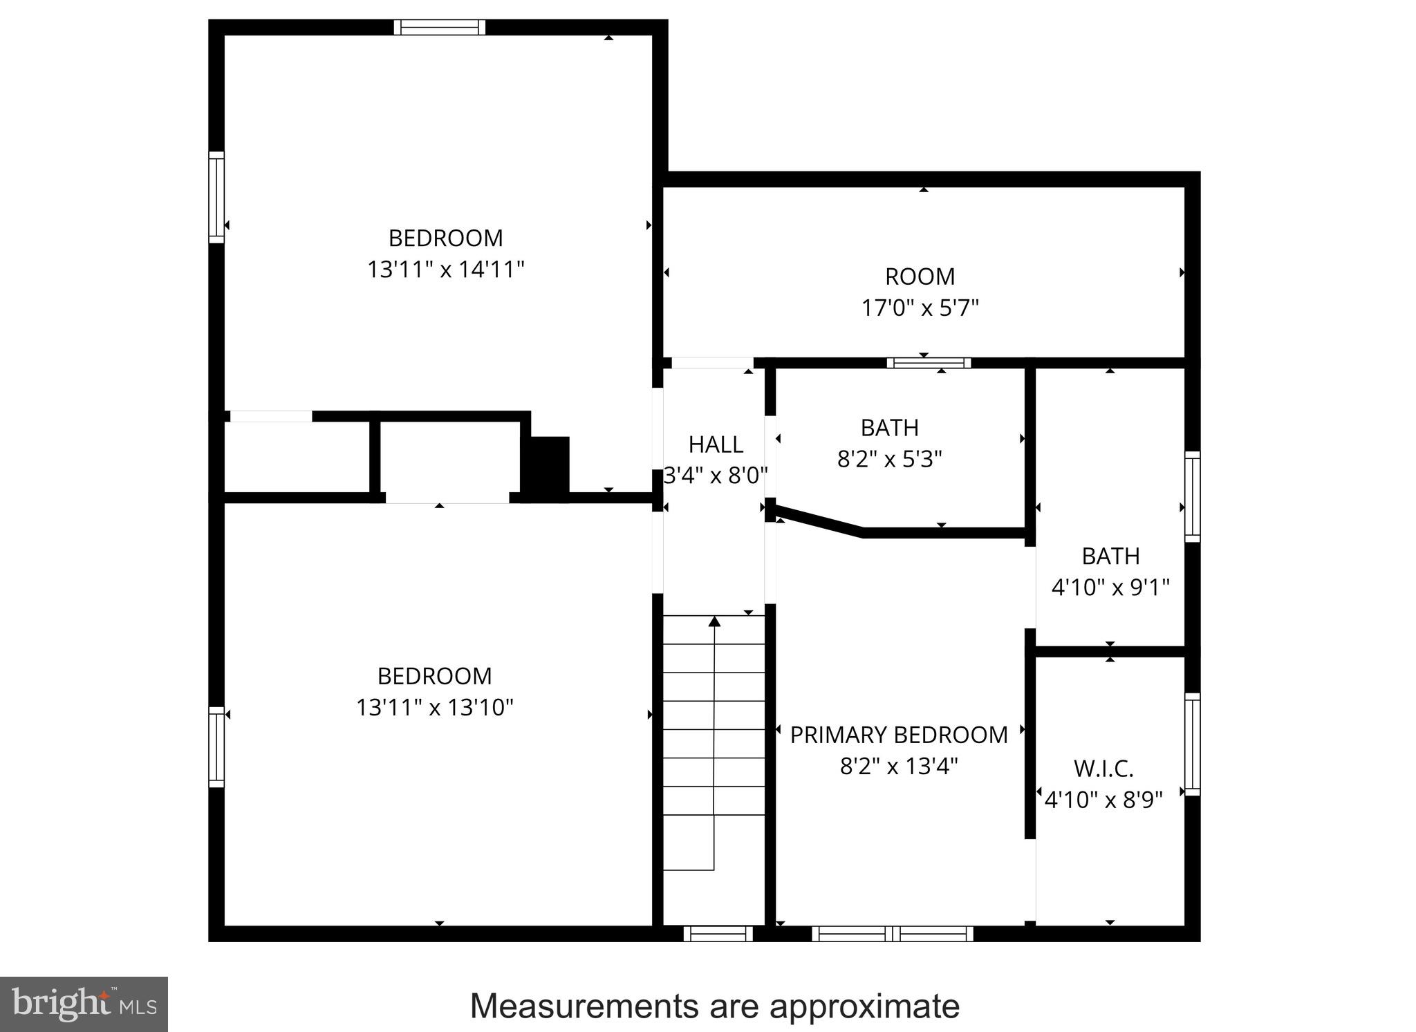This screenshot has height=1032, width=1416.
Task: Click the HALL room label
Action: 716,444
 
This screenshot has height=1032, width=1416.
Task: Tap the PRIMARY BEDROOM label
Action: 899,735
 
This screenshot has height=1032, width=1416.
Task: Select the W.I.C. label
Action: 1103,769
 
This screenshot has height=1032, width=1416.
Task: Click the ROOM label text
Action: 920,276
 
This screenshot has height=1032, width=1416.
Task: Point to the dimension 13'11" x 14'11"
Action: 445,269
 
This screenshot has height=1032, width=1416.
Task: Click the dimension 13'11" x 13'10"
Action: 434,707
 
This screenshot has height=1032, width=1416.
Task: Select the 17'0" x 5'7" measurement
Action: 920,308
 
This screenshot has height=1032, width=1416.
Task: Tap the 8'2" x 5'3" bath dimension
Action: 889,459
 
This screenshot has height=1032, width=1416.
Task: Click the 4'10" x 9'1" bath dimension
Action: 1110,588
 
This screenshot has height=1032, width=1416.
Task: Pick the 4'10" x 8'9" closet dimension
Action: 1103,800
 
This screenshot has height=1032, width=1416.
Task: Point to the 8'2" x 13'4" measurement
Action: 899,767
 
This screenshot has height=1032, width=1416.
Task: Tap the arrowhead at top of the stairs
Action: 714,622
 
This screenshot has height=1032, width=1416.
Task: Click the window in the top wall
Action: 440,28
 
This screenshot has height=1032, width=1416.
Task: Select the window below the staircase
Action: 718,934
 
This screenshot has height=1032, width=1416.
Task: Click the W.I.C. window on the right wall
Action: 1192,744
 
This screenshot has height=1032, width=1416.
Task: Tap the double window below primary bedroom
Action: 892,934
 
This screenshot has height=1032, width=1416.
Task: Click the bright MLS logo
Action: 84,1004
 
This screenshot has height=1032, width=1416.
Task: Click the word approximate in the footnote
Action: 864,1006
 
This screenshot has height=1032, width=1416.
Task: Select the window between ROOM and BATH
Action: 929,363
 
